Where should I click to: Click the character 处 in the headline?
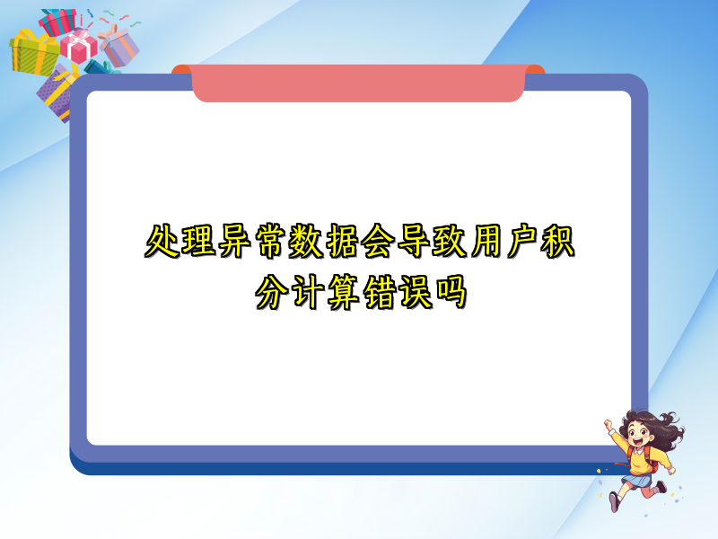[x=162, y=241]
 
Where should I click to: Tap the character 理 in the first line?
[x=198, y=241]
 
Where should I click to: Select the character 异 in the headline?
[x=234, y=241]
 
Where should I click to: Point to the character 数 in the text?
[x=306, y=241]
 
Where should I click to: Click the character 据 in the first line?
[x=342, y=241]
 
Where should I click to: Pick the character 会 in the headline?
[x=378, y=241]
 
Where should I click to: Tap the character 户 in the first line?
[x=521, y=241]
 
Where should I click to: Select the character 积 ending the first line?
[x=557, y=241]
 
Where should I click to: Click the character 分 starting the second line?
[x=272, y=292]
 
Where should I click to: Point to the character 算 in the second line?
[x=344, y=292]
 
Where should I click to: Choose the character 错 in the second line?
[x=380, y=292]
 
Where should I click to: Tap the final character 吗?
[x=451, y=292]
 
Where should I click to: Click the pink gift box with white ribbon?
[x=79, y=46]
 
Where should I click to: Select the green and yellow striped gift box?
[x=33, y=53]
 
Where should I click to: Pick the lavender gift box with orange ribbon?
[x=119, y=46]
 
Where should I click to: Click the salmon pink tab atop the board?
[x=358, y=83]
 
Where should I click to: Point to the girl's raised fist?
[x=609, y=424]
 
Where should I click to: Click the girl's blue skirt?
[x=637, y=481]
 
